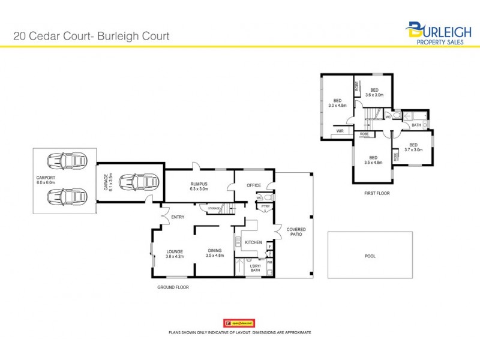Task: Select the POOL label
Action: coord(370,256)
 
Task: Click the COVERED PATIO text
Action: coord(296,232)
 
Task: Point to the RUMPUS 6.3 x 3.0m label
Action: coord(199,187)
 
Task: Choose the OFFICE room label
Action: coord(254,185)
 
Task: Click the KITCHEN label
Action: coord(254,242)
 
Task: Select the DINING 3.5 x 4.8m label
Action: coord(215,253)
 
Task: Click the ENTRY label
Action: coord(178,217)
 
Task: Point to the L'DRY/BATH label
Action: coord(254,268)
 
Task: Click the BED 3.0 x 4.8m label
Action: coord(338,103)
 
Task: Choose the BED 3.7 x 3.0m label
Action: coord(413,147)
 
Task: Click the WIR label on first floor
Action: coord(340,130)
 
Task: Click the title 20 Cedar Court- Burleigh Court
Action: coord(91,36)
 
